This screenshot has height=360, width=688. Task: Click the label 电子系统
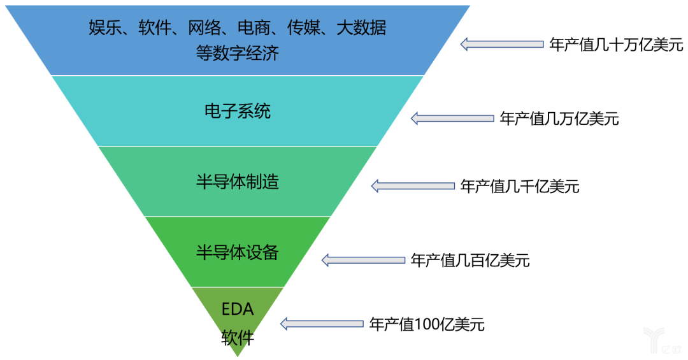238,111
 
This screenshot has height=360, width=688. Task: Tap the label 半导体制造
238,182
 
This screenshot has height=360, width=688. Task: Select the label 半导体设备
238,252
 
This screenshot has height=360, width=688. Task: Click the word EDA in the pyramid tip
238,309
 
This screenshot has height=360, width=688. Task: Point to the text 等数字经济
238,53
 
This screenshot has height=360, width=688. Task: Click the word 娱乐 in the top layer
105,27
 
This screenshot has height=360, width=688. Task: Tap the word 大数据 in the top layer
362,27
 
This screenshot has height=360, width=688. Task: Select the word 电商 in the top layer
254,27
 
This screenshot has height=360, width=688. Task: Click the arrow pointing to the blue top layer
502,45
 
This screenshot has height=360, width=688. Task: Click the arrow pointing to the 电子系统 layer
452,119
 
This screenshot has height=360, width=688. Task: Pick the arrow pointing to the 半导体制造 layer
413,186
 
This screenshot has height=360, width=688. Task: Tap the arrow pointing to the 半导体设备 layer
363,261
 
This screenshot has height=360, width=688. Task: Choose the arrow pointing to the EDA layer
322,324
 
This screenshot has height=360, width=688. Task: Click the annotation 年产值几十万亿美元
617,45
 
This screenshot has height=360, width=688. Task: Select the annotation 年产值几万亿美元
559,119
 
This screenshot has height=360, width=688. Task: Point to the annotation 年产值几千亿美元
520,187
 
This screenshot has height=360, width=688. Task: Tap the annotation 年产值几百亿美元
470,261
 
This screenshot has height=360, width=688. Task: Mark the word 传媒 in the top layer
304,27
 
